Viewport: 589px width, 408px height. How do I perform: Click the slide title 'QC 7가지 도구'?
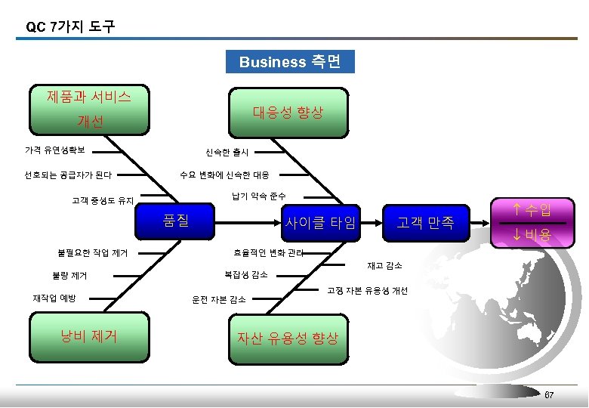coord(70,26)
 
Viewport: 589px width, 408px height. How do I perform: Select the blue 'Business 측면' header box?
coord(290,62)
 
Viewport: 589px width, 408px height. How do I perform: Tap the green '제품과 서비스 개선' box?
coord(89,110)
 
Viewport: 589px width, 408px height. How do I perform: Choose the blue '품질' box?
coord(176,221)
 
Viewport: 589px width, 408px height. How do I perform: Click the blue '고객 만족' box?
coord(426,223)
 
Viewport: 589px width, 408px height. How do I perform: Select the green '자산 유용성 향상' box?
coord(288,338)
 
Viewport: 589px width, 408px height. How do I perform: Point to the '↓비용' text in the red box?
coord(531,236)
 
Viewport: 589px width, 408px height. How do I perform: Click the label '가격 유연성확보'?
coord(54,148)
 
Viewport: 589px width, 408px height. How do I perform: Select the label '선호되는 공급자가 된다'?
coord(68,175)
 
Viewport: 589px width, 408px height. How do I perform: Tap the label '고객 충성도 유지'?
coord(103,201)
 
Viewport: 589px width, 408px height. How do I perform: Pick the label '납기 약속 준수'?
coord(257,196)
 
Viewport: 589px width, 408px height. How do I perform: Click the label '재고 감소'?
coord(384,266)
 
